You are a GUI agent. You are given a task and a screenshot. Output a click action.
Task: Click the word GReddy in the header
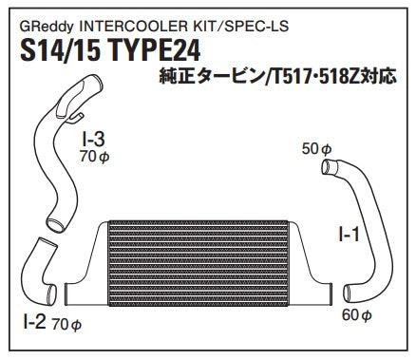tap(47, 27)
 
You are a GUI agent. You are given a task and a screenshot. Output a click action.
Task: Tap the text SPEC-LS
tap(256, 26)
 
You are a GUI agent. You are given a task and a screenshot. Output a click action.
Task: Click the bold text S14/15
tap(60, 50)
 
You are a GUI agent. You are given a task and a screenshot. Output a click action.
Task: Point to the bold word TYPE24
tap(155, 50)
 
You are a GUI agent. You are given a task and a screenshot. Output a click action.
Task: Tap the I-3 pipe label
tap(93, 140)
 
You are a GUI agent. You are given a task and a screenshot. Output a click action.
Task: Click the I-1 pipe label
tap(349, 235)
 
